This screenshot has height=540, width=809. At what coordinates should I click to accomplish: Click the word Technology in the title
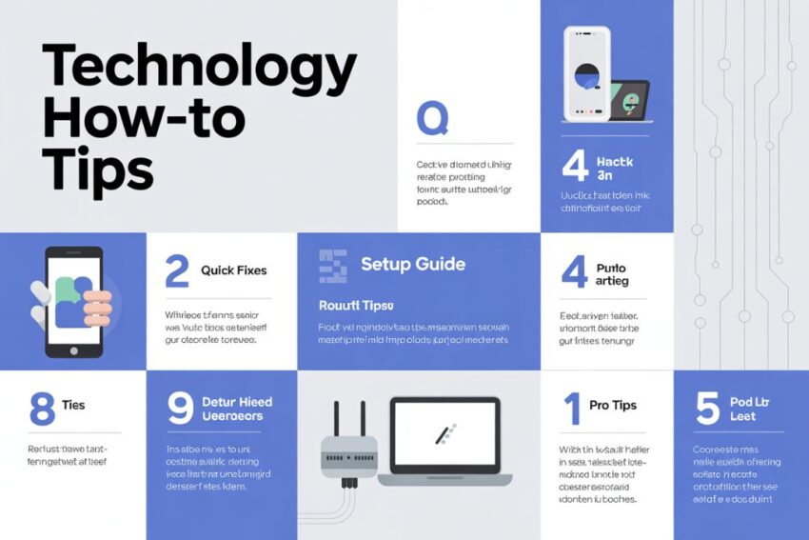(x=199, y=69)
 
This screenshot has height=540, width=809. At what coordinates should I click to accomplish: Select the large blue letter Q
(x=432, y=119)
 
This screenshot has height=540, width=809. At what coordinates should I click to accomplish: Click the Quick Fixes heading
(x=234, y=270)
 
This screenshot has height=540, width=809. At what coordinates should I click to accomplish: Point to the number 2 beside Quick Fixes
(x=177, y=270)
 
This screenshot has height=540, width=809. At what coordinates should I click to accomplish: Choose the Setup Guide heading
(x=413, y=264)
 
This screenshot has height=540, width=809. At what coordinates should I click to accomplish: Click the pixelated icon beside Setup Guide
(x=333, y=266)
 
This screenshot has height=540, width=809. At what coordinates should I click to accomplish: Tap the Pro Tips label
(x=612, y=406)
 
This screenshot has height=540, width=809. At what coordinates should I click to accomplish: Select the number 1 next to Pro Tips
(x=571, y=407)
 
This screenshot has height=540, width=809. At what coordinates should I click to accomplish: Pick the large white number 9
(x=180, y=408)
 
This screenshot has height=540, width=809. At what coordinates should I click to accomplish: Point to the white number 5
(x=707, y=408)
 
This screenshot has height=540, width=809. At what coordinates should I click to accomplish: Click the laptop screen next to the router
(x=444, y=434)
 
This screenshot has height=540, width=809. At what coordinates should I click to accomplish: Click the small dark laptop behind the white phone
(x=629, y=100)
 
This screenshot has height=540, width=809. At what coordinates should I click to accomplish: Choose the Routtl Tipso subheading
(x=355, y=306)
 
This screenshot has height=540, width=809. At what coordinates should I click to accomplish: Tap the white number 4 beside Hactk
(x=574, y=166)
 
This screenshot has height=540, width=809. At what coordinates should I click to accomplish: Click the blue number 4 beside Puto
(x=574, y=271)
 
